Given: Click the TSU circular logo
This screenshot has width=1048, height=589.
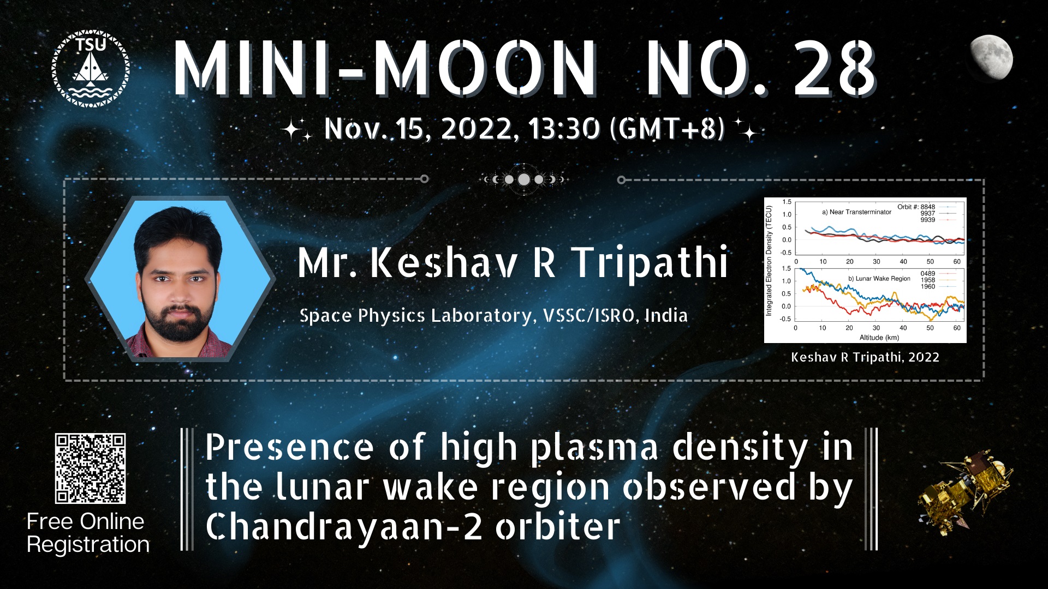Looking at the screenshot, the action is click(x=91, y=68).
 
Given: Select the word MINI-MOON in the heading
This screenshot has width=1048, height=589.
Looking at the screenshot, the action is click(x=385, y=69).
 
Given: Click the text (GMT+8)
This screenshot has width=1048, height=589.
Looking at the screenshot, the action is click(x=667, y=129).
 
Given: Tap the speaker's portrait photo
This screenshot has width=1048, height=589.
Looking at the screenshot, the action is click(x=180, y=279).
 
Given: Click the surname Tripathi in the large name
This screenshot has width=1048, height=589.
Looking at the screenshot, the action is click(x=650, y=263).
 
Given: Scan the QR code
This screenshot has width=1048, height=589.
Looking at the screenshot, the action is click(x=90, y=468).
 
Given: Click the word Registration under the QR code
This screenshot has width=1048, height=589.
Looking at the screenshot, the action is click(x=88, y=545).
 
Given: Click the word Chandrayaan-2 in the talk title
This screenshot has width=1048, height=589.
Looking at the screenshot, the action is click(x=344, y=526).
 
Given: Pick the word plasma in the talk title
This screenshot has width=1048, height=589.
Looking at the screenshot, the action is click(x=594, y=449).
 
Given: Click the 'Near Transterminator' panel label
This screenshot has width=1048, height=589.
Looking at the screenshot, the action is click(x=856, y=212).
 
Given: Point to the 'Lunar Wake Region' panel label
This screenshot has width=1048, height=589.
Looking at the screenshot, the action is click(x=879, y=279).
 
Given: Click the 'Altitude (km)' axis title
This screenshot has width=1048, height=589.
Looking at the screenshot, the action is click(x=879, y=338).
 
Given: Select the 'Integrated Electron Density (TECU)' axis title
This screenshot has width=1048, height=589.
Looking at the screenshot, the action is click(x=769, y=261).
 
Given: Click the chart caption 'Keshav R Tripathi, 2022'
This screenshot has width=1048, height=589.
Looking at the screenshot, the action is click(x=865, y=357).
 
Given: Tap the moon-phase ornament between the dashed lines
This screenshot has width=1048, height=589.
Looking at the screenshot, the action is click(x=523, y=179).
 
